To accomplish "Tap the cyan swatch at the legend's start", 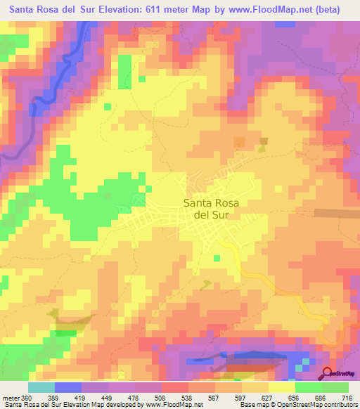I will [41, 388].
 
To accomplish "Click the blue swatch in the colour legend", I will [68, 388].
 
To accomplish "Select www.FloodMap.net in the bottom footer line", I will [165, 405].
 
